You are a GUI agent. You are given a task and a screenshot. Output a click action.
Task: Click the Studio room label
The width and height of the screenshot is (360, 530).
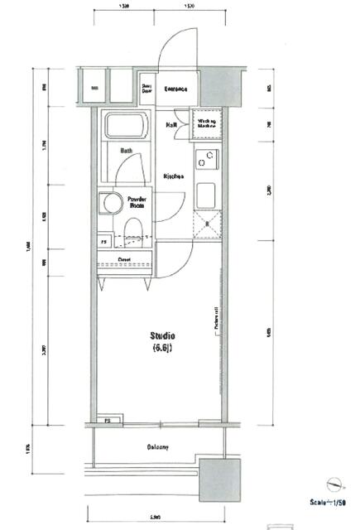click(x=162, y=335)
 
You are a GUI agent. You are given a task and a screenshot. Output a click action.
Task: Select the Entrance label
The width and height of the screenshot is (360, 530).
click(x=175, y=89)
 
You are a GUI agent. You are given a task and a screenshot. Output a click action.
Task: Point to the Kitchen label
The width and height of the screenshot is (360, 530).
click(x=173, y=176)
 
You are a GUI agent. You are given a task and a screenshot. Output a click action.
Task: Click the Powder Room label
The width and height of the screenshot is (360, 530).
click(x=137, y=202)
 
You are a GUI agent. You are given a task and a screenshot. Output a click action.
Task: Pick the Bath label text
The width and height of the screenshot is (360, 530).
click(x=126, y=151)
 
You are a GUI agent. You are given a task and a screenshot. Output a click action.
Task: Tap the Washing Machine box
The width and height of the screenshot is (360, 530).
click(x=206, y=124)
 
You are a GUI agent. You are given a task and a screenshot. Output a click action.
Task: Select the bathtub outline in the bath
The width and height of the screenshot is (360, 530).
click(x=124, y=127)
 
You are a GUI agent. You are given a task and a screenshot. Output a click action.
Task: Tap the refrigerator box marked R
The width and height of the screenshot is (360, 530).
click(x=206, y=224)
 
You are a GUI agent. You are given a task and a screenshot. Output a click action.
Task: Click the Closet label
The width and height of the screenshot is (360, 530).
click(x=123, y=259)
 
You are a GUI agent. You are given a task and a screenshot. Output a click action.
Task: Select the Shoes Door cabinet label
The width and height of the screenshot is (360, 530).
click(x=146, y=88)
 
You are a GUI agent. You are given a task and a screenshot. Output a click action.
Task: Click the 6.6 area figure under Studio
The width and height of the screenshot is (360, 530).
click(x=162, y=348)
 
